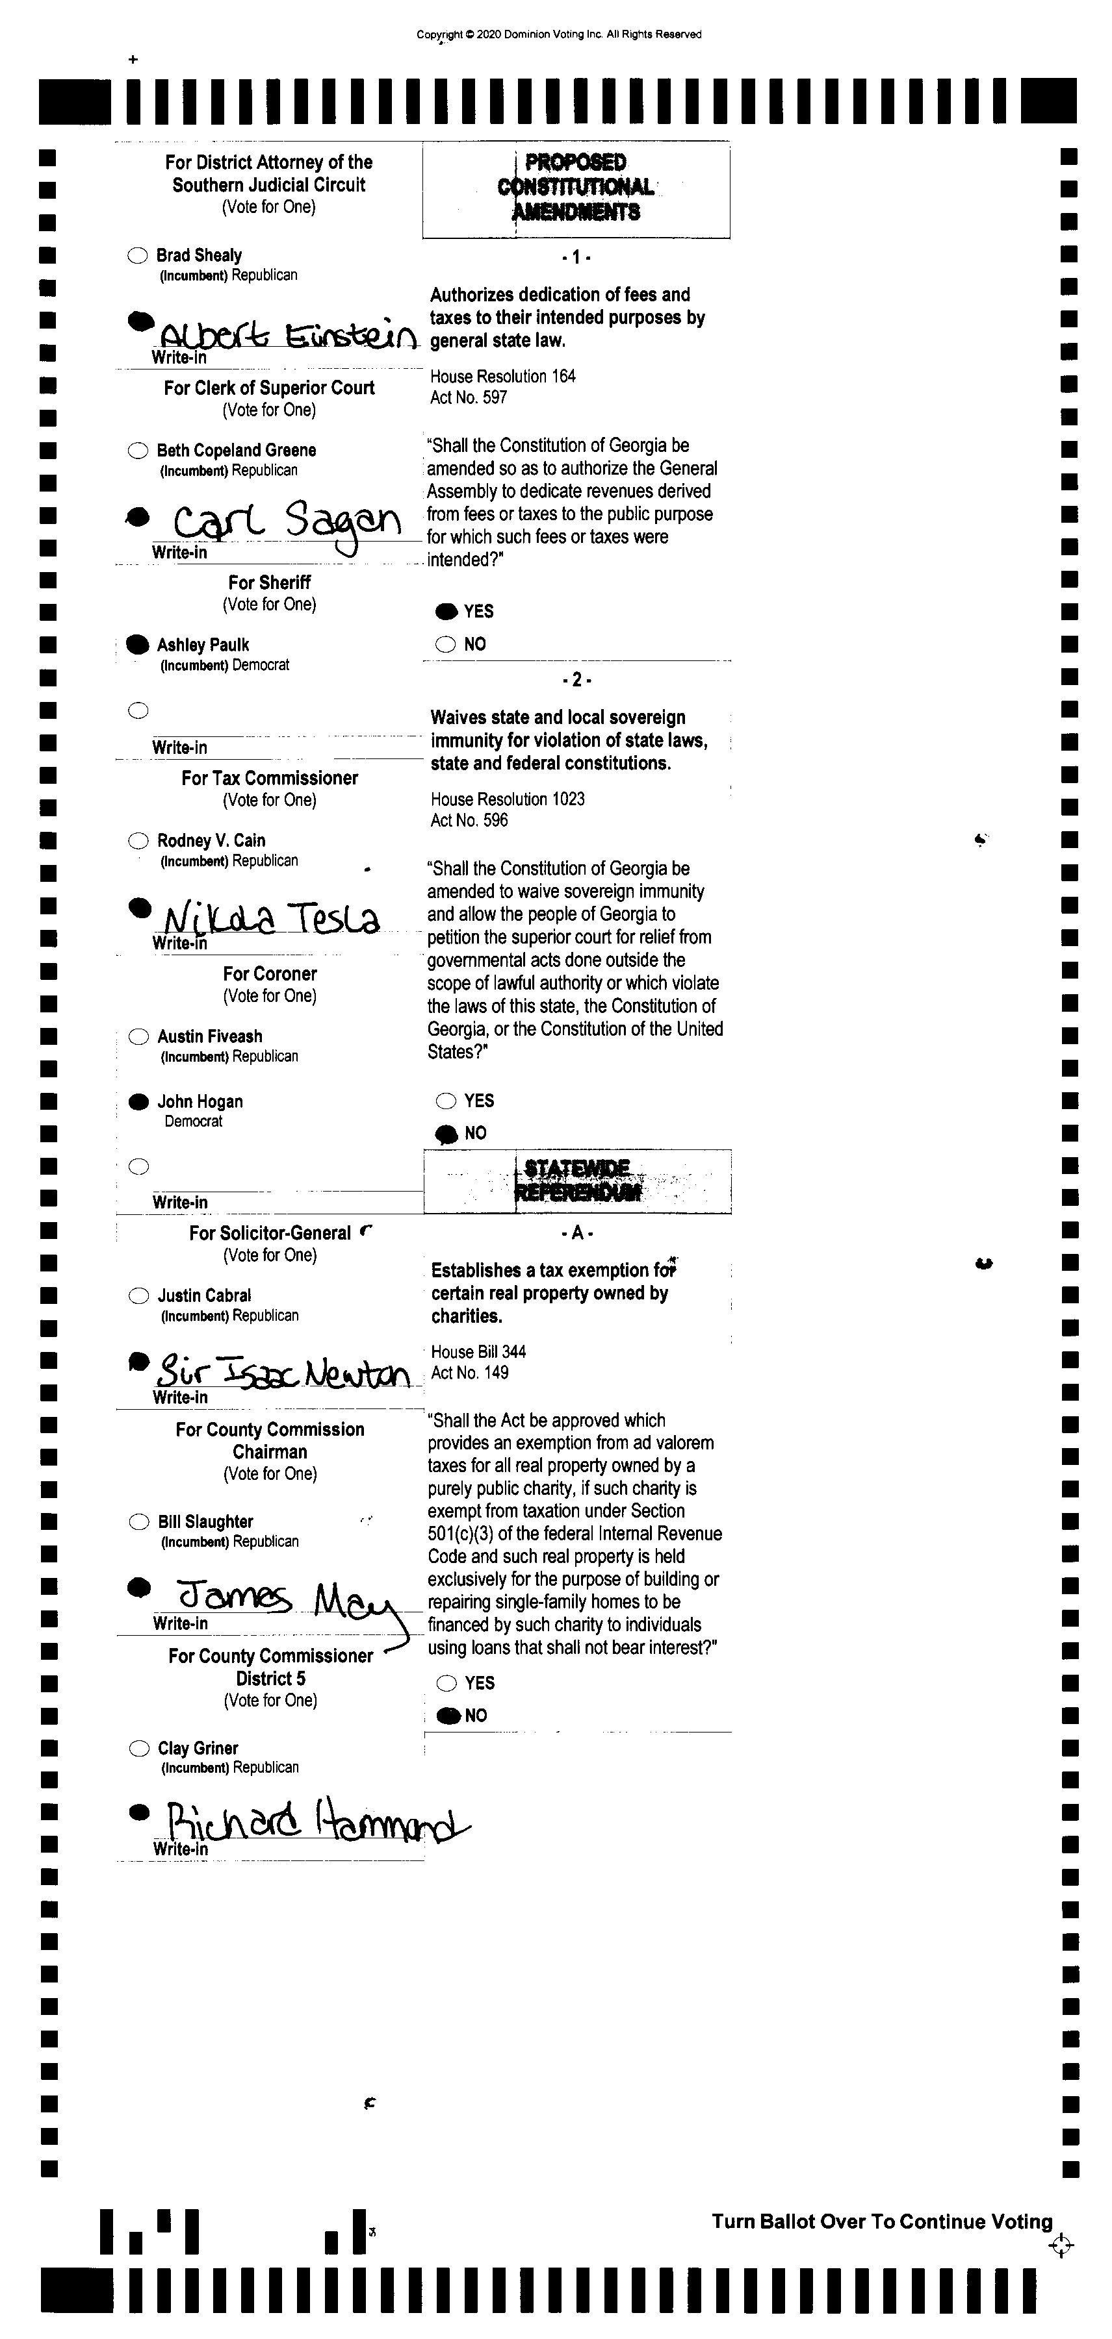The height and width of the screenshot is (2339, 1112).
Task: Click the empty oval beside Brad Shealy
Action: tap(137, 255)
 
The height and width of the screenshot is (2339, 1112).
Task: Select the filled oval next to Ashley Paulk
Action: tap(137, 645)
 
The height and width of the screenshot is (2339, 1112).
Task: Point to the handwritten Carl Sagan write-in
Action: tap(286, 522)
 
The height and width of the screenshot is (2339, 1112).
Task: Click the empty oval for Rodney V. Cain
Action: tap(138, 841)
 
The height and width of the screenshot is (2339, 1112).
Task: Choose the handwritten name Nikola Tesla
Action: tap(270, 919)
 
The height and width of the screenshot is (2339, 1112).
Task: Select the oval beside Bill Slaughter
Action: tap(139, 1522)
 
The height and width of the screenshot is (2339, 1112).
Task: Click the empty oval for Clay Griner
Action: tap(139, 1748)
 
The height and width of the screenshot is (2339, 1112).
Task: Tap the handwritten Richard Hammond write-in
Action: tap(313, 1821)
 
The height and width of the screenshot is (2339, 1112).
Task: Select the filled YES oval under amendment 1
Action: tap(446, 611)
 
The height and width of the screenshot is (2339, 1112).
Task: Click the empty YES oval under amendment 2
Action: tap(446, 1101)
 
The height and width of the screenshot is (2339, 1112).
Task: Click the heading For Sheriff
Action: tap(269, 582)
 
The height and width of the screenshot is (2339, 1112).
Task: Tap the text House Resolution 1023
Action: tap(507, 799)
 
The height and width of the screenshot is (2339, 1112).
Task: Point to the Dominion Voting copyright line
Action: tap(559, 34)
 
